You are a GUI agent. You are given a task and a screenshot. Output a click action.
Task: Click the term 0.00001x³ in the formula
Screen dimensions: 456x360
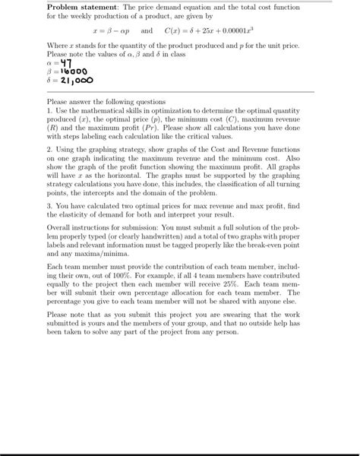point(246,32)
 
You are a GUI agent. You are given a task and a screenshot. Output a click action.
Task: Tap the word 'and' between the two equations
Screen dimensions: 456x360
point(147,32)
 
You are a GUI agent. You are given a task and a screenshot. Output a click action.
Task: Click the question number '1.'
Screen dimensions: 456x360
point(49,108)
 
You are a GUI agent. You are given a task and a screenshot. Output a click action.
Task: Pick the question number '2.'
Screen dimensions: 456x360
point(49,150)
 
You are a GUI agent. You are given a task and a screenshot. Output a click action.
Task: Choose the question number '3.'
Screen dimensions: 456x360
point(49,205)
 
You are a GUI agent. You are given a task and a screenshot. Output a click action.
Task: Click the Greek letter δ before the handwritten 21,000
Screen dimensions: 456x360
point(49,81)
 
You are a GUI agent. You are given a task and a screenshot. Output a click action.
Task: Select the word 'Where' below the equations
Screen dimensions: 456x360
point(58,46)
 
